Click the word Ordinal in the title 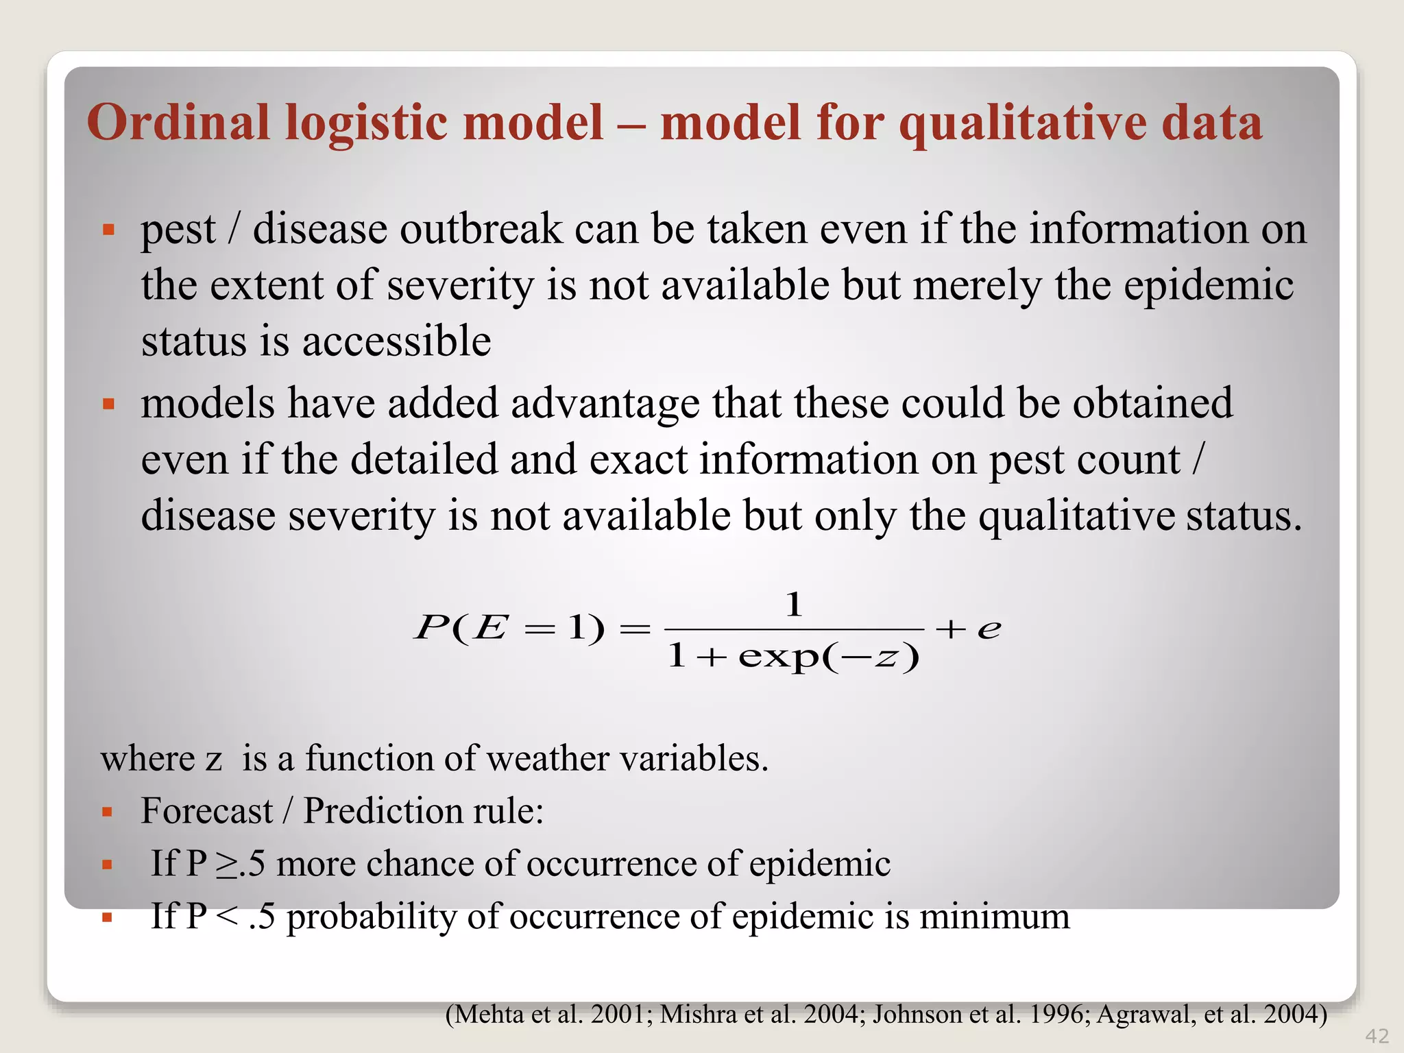pos(178,123)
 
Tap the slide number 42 pos(1377,1036)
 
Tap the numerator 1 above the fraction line pos(794,605)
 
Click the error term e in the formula pos(989,629)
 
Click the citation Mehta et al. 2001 pos(548,1014)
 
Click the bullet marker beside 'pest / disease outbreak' pos(108,229)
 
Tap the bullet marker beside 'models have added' pos(108,403)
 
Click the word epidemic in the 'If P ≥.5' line pos(819,864)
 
